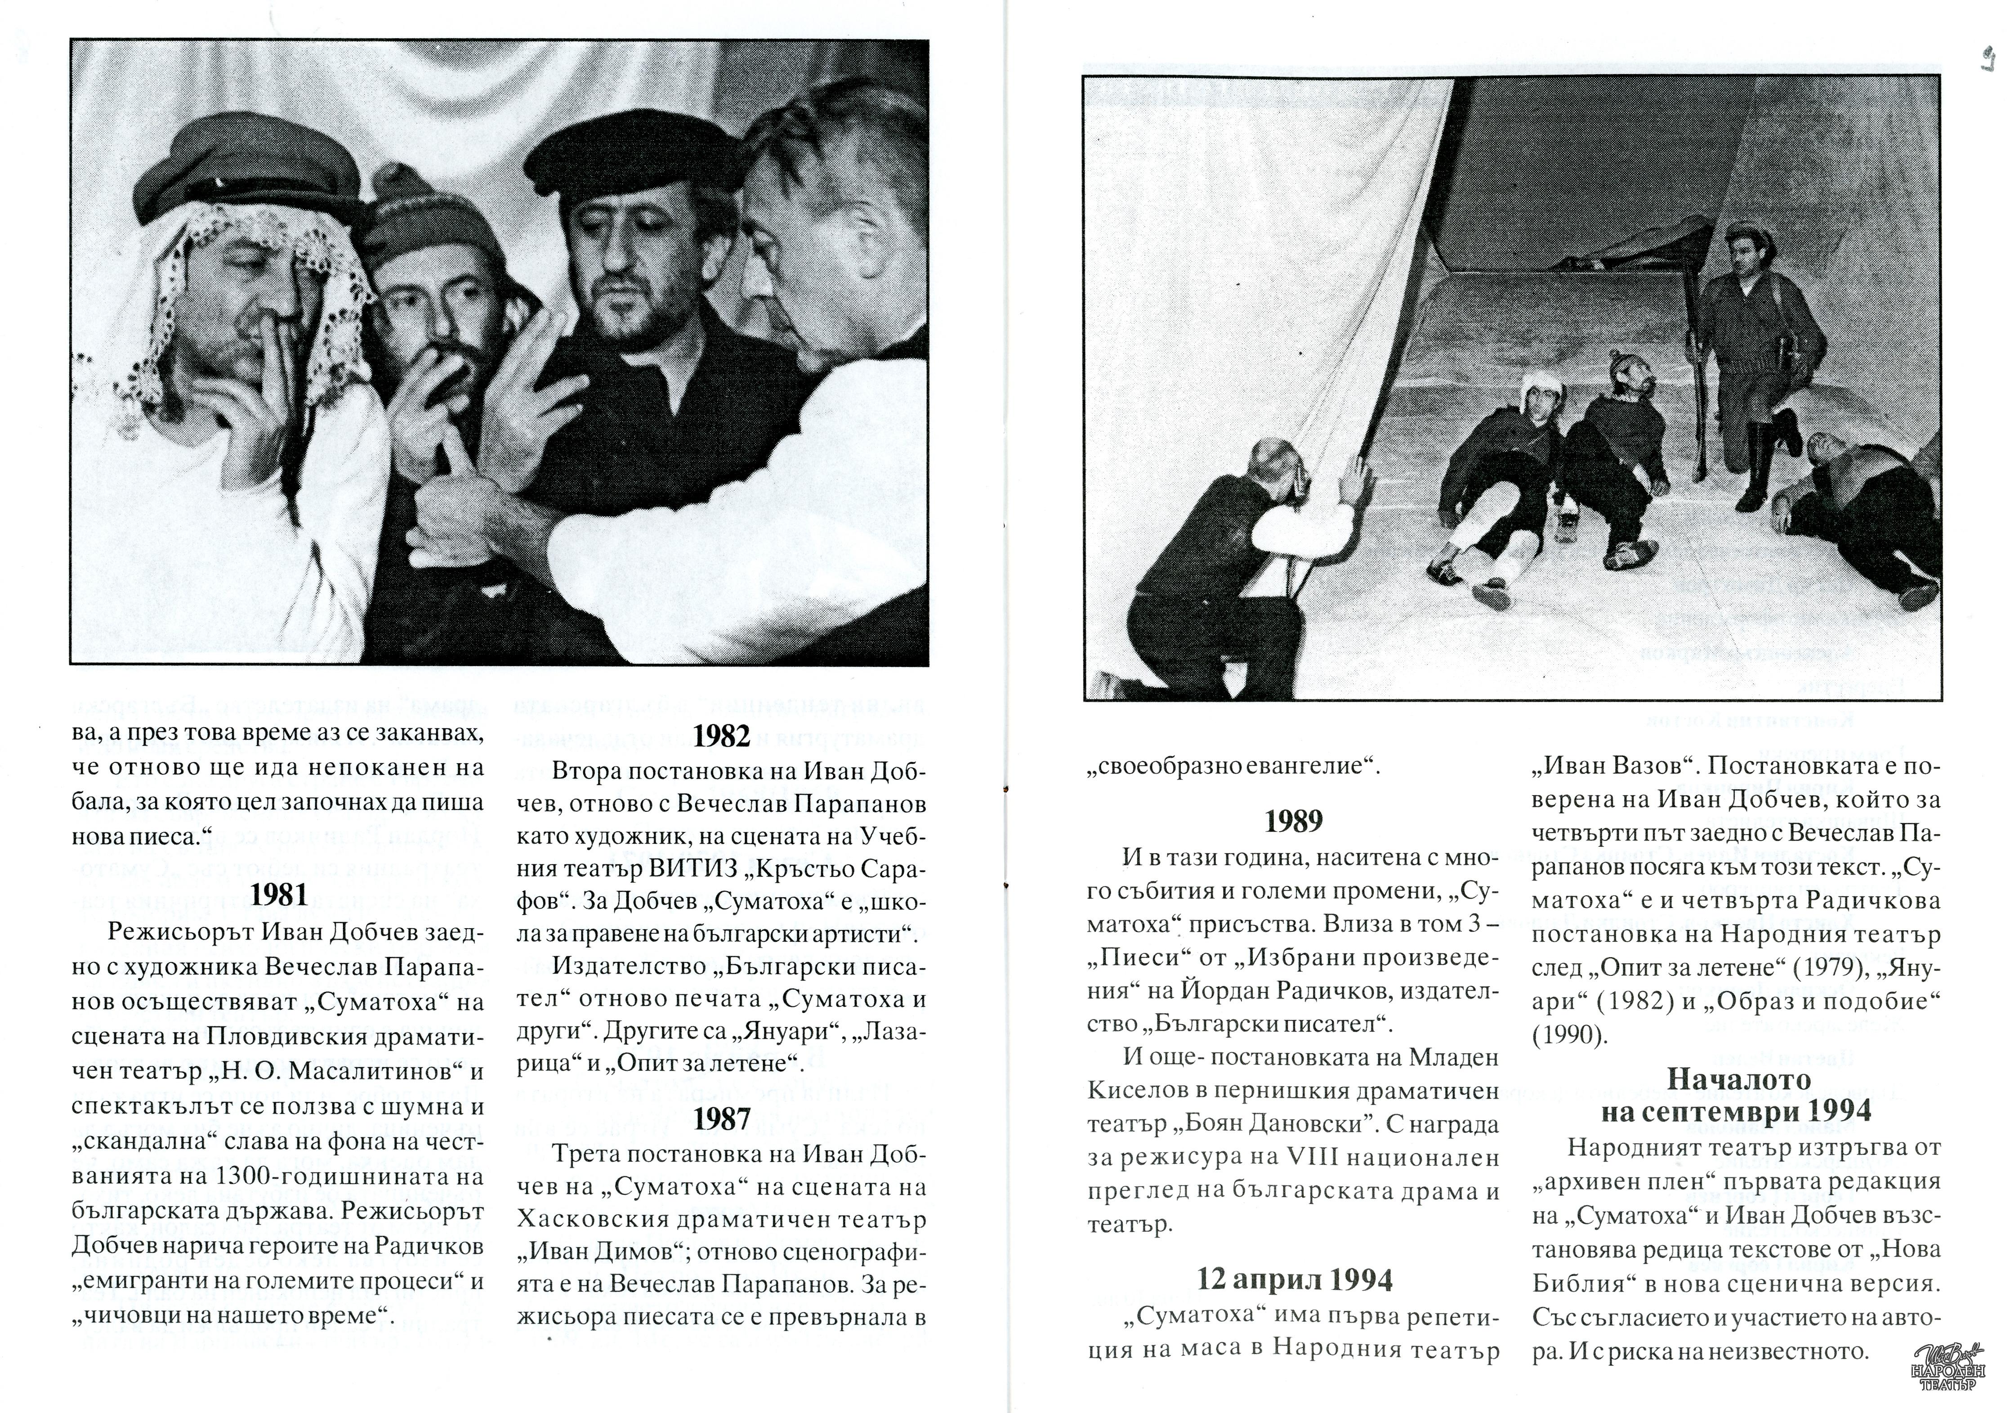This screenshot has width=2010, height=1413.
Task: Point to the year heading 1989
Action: point(1293,821)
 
